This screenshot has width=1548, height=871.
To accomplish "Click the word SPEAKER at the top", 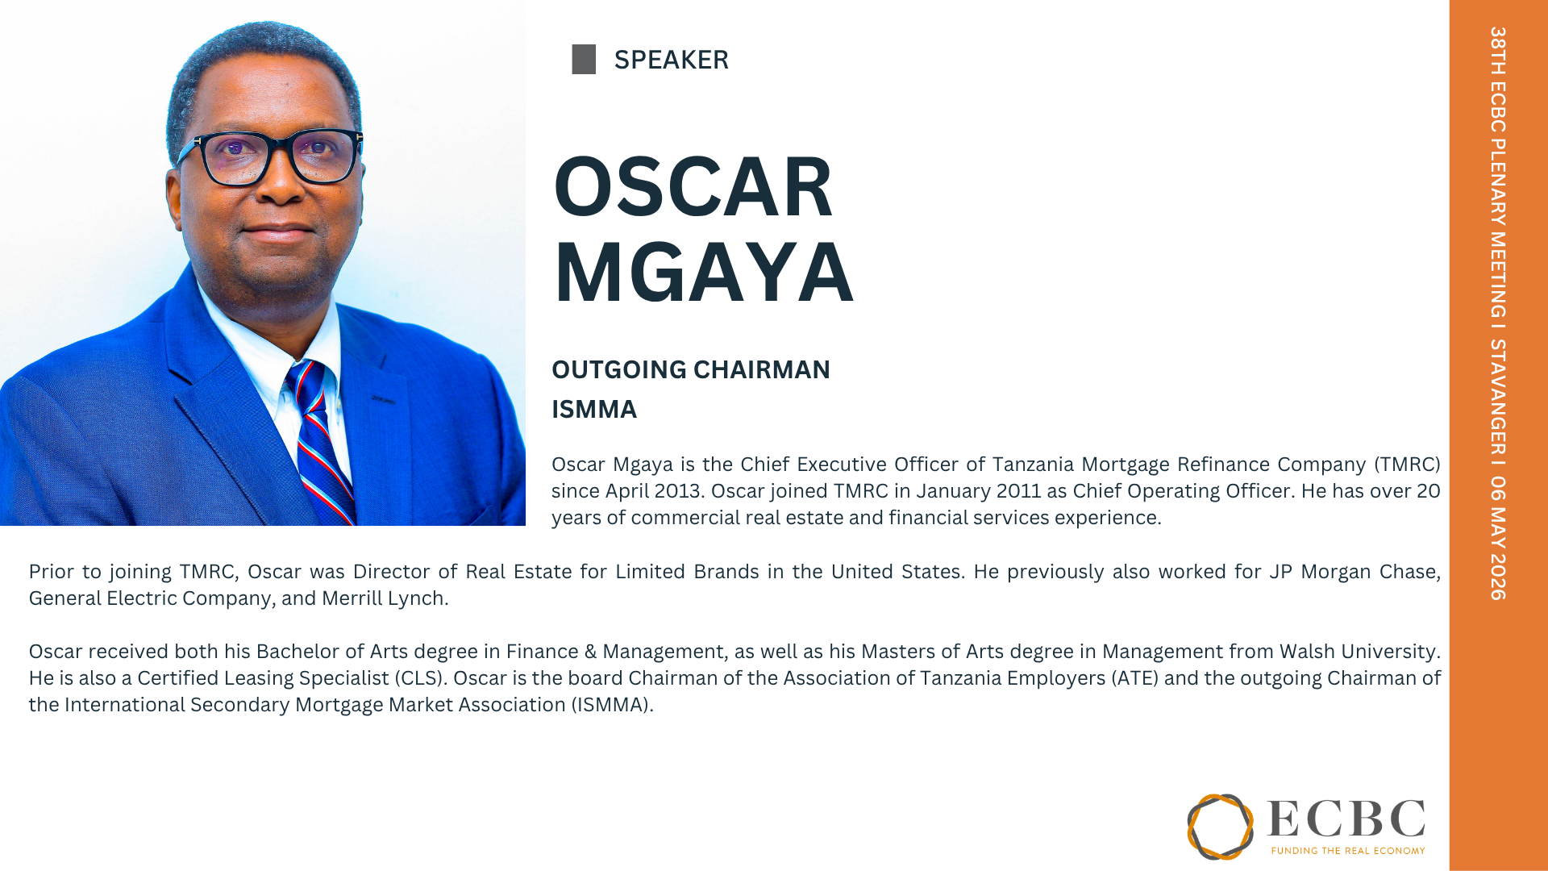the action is pos(671,60).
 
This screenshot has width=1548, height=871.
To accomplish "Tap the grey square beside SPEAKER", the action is pos(584,60).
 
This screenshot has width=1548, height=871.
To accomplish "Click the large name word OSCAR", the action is pos(693,186).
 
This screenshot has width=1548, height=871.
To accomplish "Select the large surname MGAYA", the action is pos(703,272).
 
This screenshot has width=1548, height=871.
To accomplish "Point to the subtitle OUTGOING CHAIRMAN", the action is pos(691,369).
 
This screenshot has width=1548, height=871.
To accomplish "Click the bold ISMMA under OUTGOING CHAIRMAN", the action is pos(594,410).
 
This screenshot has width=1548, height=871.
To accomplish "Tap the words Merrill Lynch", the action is pos(383,598).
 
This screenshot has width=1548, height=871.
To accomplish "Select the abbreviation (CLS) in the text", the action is pos(420,678).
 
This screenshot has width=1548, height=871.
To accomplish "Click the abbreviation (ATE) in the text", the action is pos(1135,678).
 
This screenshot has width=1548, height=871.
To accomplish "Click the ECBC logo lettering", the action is pos(1346,819).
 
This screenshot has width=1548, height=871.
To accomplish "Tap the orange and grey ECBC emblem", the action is pos(1220,827).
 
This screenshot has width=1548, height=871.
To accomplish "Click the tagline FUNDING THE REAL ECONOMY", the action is pos(1348,850).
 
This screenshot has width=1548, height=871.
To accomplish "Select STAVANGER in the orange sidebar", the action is pos(1497,398).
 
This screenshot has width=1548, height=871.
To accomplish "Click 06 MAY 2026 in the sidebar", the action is pos(1497,538).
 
